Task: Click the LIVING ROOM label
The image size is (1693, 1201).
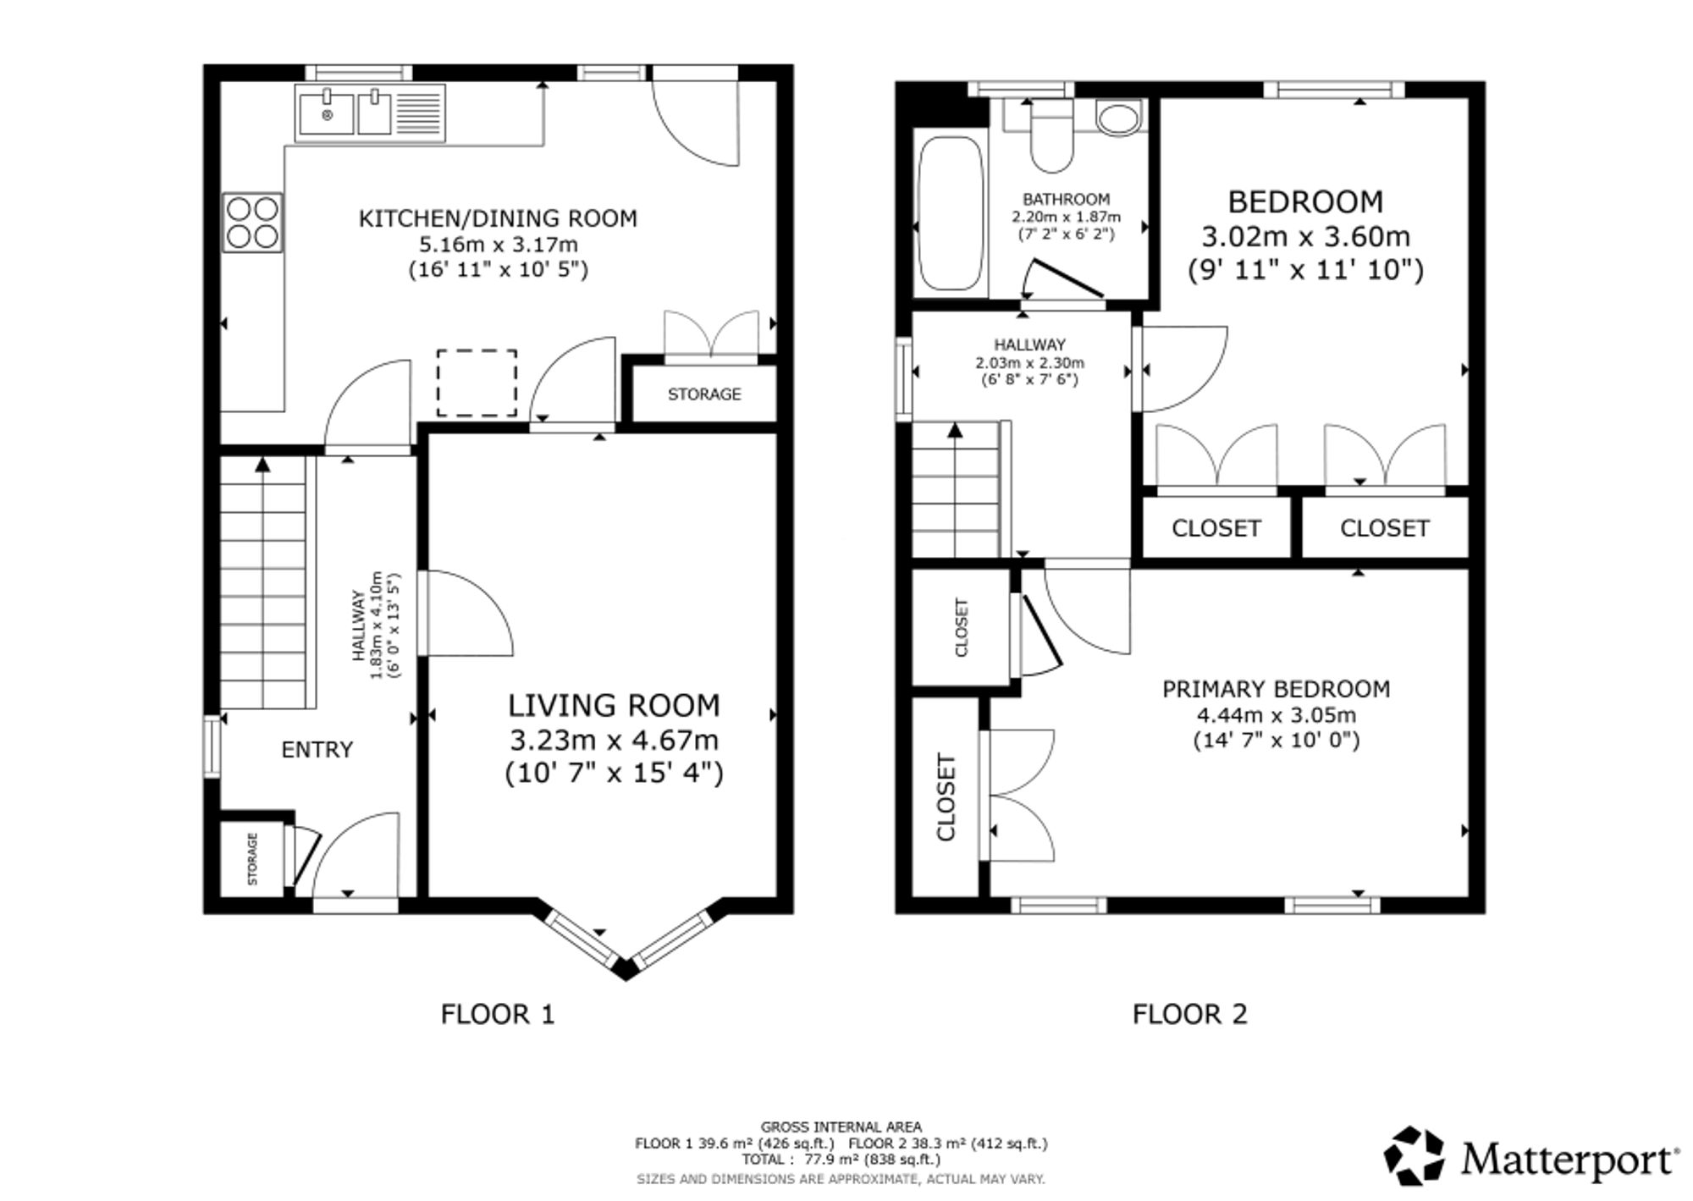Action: coord(614,705)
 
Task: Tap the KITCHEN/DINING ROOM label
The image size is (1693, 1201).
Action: coord(498,218)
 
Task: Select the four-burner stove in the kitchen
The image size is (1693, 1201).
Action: coord(252,223)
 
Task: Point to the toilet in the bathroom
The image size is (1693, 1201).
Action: coord(1051,135)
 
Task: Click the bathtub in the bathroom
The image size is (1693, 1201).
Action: coord(951,214)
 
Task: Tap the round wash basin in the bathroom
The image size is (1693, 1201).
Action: coord(1118,118)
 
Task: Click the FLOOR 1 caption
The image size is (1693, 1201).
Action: coord(498,1014)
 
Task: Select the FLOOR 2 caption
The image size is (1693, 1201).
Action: coord(1190,1014)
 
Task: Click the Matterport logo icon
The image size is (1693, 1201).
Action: coord(1415,1155)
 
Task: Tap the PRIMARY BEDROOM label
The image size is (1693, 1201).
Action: coord(1277,689)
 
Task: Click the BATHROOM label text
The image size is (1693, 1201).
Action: coord(1067,200)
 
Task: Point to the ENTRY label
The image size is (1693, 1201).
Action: coord(317,750)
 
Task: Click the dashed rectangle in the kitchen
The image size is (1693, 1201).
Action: coord(477,383)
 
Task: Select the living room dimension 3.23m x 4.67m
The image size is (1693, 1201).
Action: coord(614,740)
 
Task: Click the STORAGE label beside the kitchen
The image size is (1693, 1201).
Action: coord(704,394)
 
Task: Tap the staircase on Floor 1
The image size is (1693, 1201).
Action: coord(263,582)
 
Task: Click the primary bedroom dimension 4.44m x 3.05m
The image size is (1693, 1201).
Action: coord(1277,715)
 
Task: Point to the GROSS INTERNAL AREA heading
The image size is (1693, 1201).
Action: coord(841,1127)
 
